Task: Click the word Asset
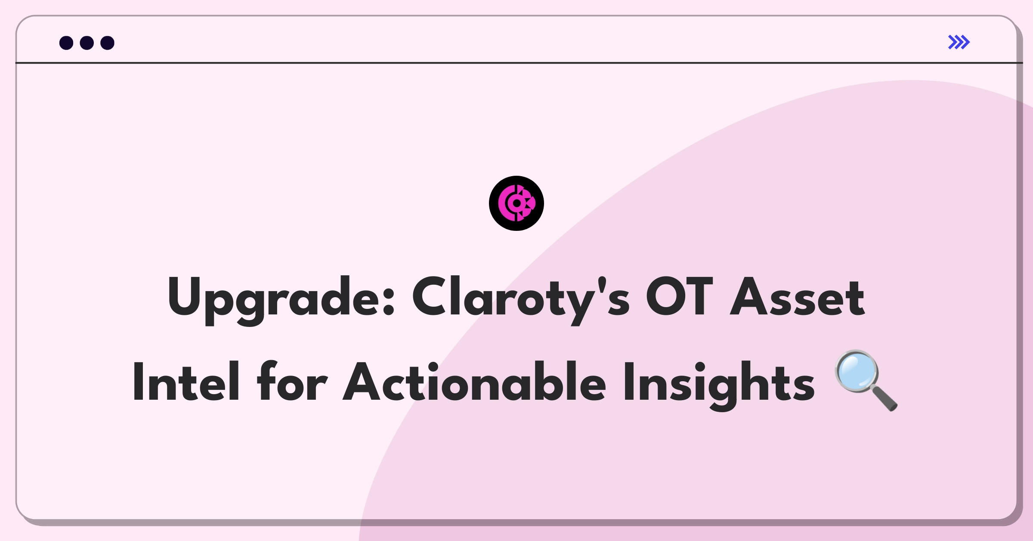797,297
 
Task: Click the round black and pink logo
516,203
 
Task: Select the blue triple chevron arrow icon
959,42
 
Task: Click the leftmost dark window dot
66,43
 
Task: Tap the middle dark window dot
87,43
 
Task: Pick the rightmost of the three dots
108,43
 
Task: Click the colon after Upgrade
389,302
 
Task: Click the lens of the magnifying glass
857,371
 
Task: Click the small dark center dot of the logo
516,203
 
